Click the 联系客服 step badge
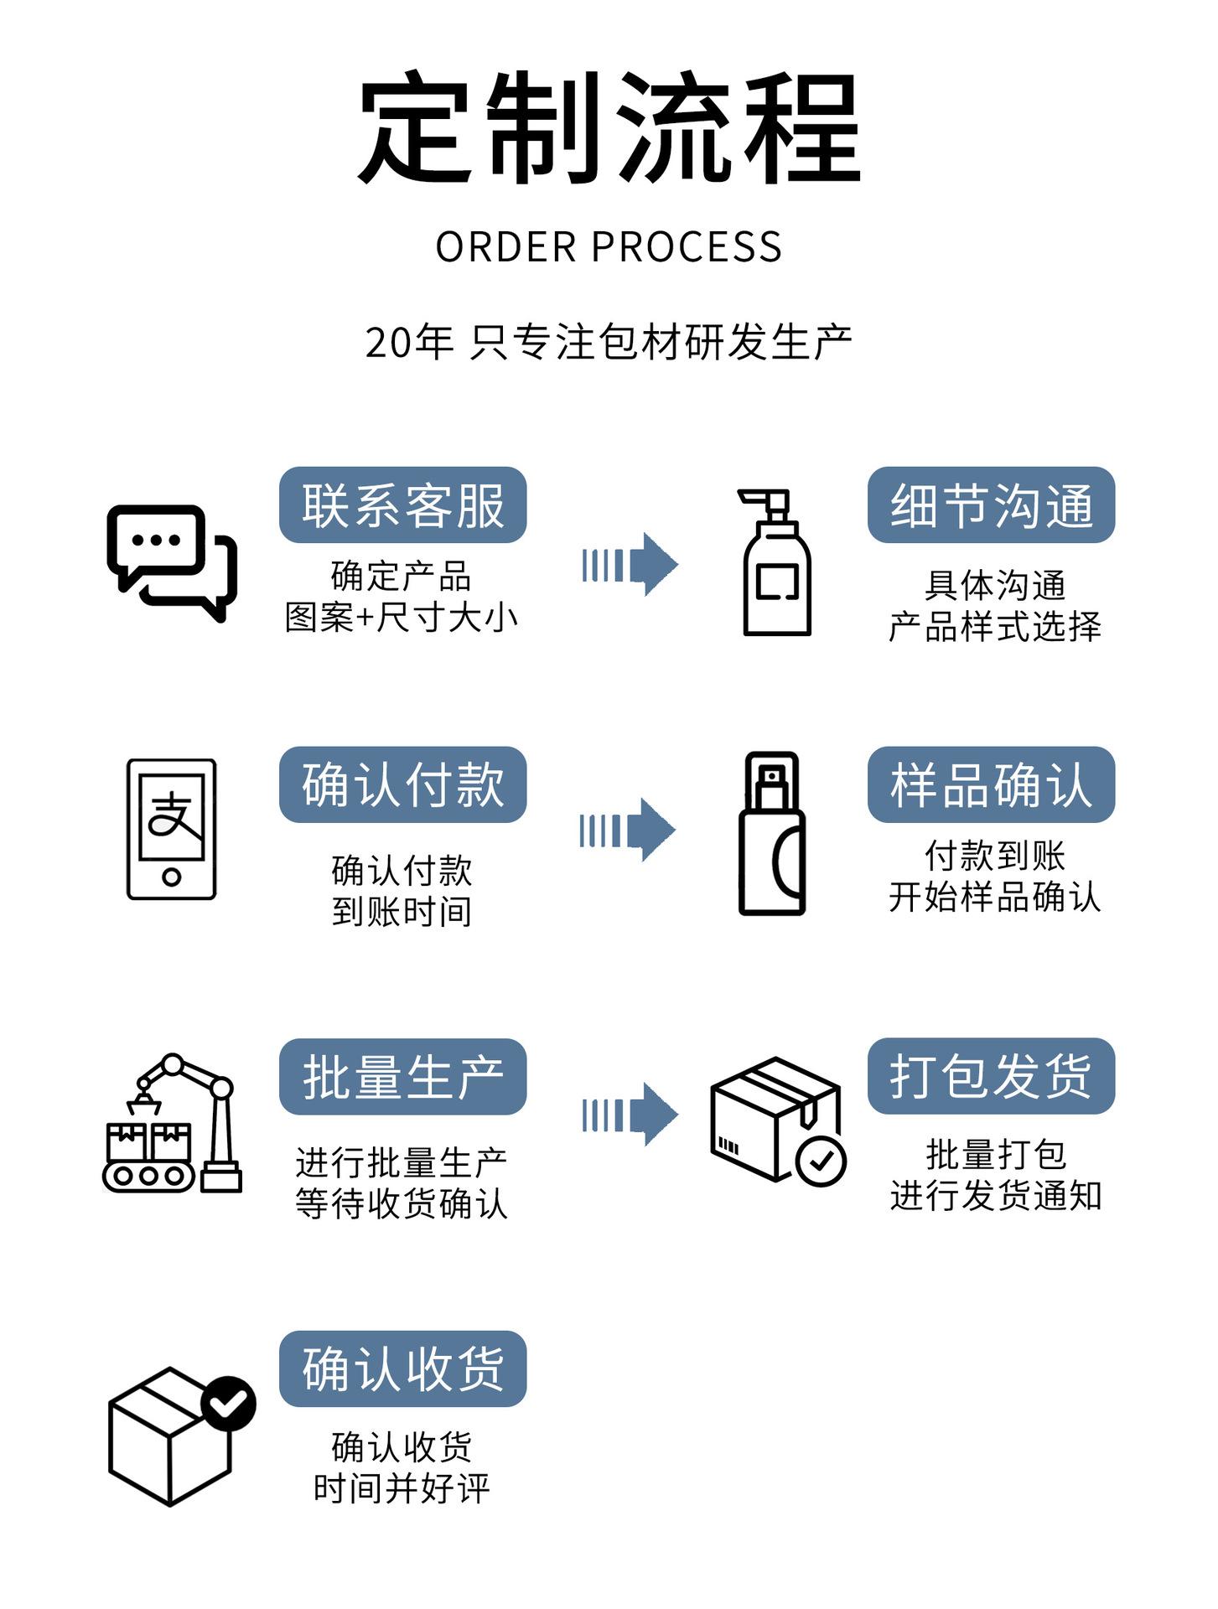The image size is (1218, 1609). [x=402, y=504]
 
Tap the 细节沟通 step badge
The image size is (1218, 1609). [x=991, y=504]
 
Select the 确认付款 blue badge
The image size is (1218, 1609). [x=402, y=784]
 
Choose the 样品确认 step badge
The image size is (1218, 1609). [x=991, y=784]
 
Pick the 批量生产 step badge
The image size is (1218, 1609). [x=402, y=1076]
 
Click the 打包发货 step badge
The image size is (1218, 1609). [x=991, y=1076]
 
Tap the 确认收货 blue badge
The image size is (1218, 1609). [x=402, y=1368]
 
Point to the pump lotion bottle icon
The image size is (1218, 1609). [x=775, y=562]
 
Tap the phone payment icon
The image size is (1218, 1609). [x=171, y=829]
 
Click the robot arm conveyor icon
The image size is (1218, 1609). [x=172, y=1123]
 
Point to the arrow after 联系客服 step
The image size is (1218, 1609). [x=630, y=564]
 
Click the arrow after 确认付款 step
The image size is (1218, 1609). [x=628, y=830]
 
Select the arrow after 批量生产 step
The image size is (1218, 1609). [x=630, y=1115]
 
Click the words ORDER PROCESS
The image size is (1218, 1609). [x=609, y=247]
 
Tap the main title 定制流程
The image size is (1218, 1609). [x=609, y=127]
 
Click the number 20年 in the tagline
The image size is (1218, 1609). [x=409, y=343]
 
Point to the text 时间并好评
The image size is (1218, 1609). [x=402, y=1488]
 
